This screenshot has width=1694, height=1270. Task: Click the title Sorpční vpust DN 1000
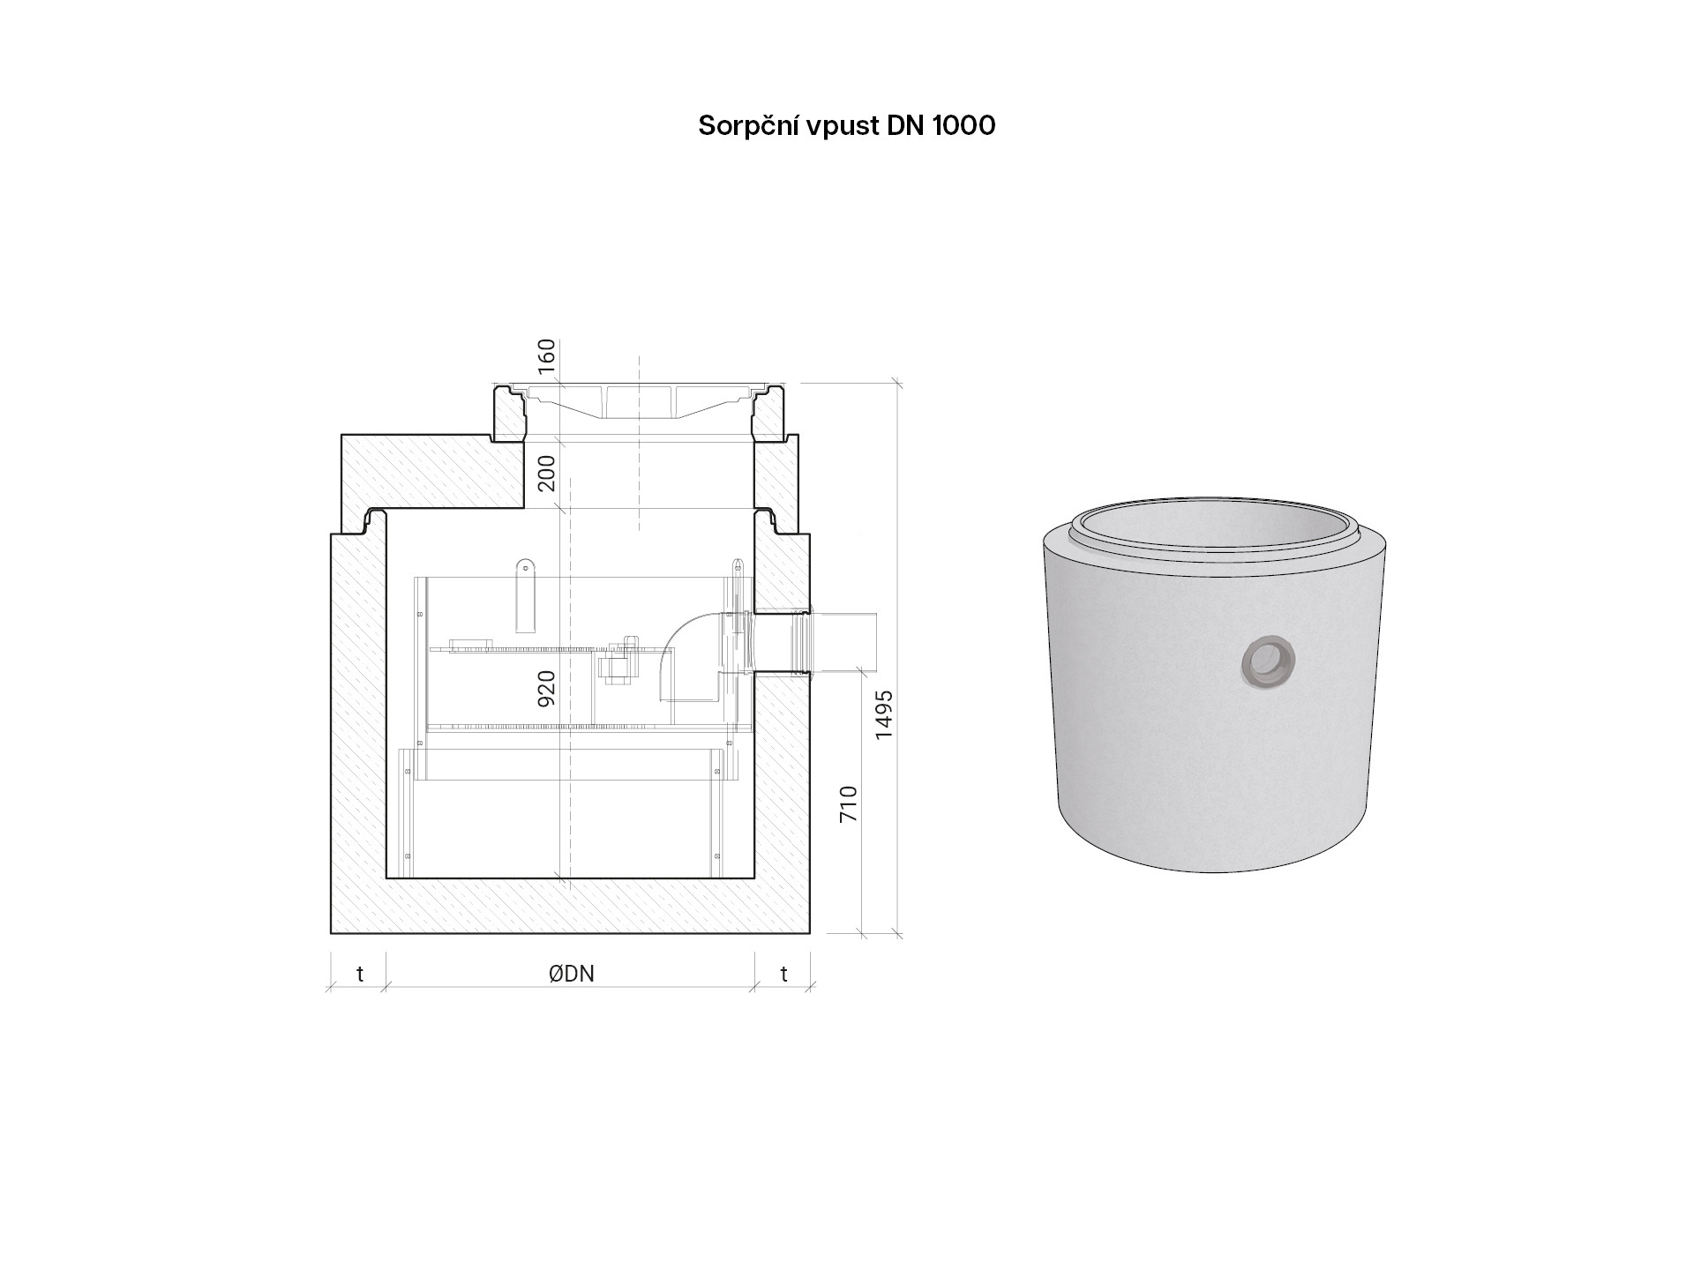(846, 126)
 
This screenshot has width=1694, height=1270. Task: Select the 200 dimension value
(547, 473)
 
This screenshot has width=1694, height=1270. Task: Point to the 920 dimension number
(547, 688)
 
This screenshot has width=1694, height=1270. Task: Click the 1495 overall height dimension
(884, 714)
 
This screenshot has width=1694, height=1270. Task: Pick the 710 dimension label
(849, 804)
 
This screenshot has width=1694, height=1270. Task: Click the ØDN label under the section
(571, 974)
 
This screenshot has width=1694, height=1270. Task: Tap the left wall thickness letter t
(360, 974)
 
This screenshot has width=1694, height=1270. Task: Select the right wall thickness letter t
(784, 974)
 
